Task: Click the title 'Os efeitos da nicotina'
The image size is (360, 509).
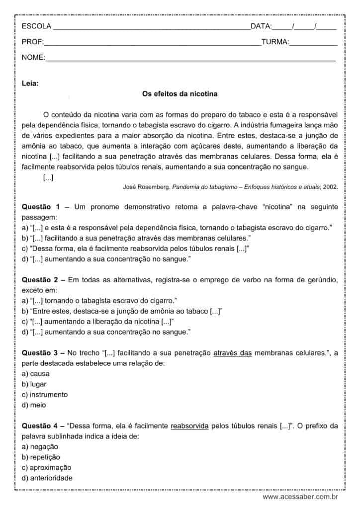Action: [x=180, y=93]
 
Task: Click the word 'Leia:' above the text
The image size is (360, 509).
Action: [x=30, y=84]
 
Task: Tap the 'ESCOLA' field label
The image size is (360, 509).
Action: [x=36, y=26]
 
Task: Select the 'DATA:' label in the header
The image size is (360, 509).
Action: [x=261, y=26]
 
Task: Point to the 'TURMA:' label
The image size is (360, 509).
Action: [x=275, y=42]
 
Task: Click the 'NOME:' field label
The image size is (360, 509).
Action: [x=33, y=58]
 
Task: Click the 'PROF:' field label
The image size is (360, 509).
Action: [x=33, y=42]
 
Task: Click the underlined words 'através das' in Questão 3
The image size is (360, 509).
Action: [x=232, y=353]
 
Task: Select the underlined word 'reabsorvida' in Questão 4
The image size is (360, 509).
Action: [x=189, y=426]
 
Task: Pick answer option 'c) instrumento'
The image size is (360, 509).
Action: [x=45, y=395]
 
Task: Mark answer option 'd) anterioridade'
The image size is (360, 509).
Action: [x=47, y=478]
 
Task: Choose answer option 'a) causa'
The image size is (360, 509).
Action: [x=36, y=374]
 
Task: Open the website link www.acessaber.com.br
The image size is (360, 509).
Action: [x=300, y=497]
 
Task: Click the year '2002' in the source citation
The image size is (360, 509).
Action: [x=330, y=187]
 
